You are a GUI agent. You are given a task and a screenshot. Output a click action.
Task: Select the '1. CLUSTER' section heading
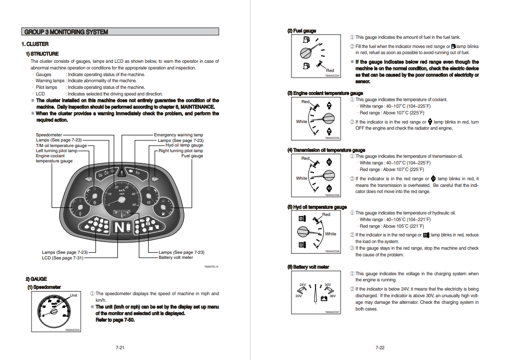pos(35,44)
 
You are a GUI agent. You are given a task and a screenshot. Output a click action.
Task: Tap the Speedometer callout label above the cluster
pos(49,135)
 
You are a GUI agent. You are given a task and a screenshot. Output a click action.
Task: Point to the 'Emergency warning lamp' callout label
pos(178,135)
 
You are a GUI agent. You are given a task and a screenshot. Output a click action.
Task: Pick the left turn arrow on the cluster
pos(89,179)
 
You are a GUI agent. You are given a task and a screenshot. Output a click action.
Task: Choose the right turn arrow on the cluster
pos(154,179)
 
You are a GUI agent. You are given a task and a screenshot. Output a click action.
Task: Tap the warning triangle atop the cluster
pos(122,173)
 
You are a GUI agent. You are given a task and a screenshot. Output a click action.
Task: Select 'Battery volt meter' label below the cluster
pos(176,258)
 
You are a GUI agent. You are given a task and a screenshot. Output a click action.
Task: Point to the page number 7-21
pos(120,348)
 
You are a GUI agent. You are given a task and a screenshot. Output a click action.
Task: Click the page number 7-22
pos(379,348)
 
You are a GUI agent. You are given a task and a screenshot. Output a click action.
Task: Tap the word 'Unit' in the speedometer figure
pos(74,295)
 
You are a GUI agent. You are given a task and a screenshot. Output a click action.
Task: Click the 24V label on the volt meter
pos(302,284)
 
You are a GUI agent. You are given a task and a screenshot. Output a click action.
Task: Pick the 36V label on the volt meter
pos(332,296)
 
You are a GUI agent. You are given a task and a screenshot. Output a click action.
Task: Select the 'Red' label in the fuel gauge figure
pos(330,70)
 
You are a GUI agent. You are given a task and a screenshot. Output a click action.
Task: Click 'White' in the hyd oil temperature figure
pos(330,234)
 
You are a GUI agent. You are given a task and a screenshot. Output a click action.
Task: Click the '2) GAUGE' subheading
pos(36,279)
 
